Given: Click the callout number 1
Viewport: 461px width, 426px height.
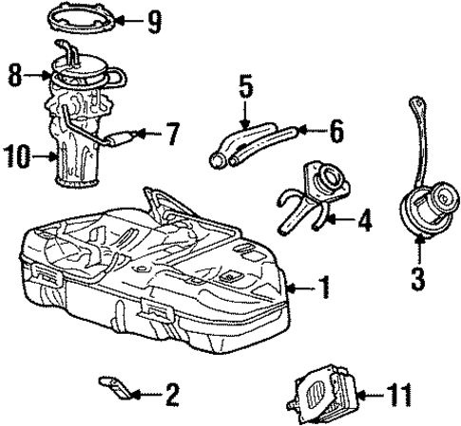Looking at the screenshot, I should click(324, 286).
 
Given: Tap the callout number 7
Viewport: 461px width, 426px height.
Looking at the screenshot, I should click(172, 137).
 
